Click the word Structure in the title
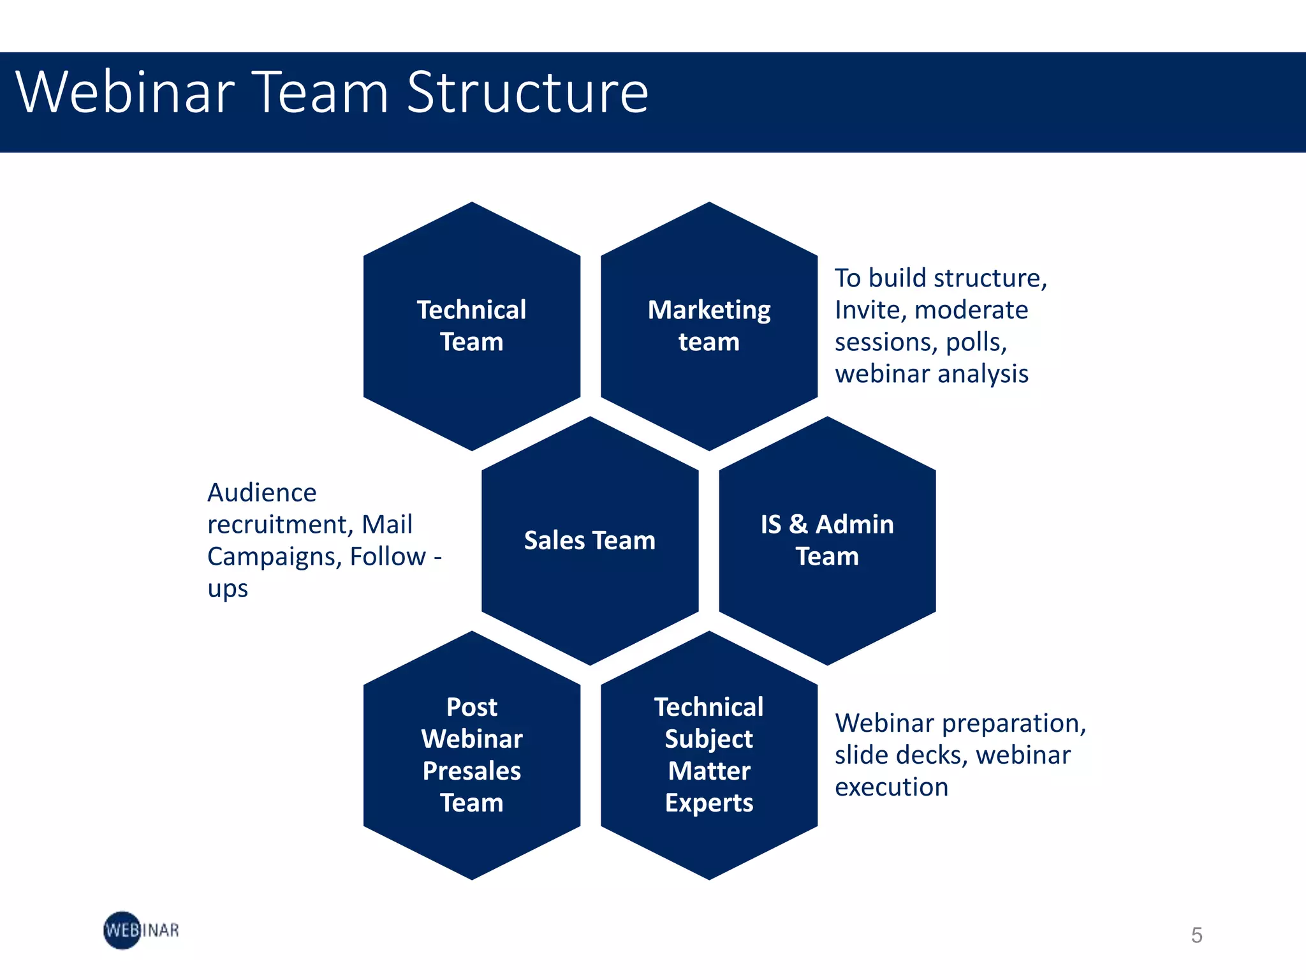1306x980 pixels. [527, 93]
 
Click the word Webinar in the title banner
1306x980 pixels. [125, 93]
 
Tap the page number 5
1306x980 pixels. [1196, 935]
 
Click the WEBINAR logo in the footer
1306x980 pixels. [141, 930]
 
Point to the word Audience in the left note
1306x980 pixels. [262, 493]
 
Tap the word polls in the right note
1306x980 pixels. [975, 343]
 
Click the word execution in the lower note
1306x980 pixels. [891, 787]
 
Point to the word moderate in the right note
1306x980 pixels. [971, 310]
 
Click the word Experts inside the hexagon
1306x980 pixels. [709, 803]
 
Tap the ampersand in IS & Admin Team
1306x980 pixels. [798, 524]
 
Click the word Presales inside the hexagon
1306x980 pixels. [472, 771]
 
